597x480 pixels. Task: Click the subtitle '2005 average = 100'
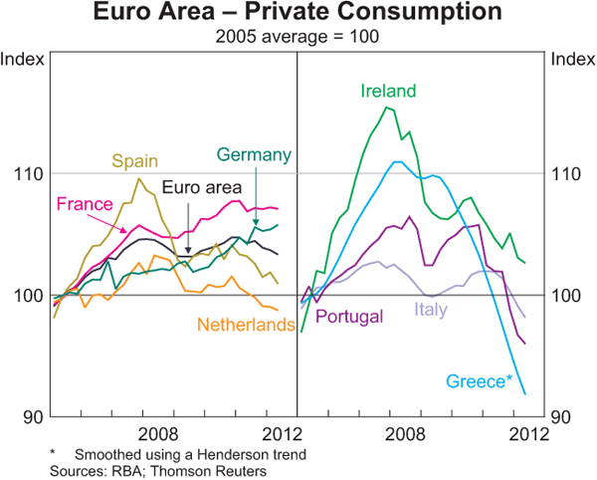click(298, 37)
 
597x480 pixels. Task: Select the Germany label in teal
click(254, 154)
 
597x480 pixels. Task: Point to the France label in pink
click(83, 204)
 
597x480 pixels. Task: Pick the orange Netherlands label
click(245, 325)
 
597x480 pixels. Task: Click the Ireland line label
click(388, 91)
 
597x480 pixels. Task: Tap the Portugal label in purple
click(349, 318)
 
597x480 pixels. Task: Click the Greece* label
click(479, 381)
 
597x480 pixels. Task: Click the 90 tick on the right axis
click(562, 416)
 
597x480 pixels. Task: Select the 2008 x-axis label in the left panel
click(157, 433)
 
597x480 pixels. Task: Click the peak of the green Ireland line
click(386, 108)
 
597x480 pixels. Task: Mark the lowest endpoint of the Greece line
click(524, 393)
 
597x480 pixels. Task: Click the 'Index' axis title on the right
click(570, 59)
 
